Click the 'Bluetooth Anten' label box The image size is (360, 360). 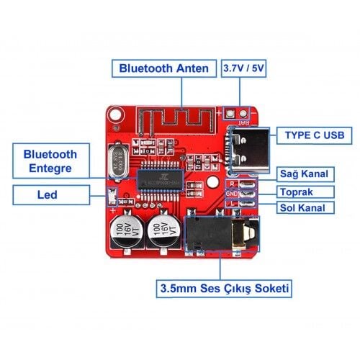(x=165, y=69)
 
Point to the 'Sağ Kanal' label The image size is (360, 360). (x=305, y=174)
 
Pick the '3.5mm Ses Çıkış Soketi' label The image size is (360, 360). (x=224, y=289)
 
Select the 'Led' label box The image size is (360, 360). (x=48, y=194)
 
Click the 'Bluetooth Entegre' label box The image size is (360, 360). (x=50, y=161)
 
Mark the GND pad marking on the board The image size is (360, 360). (x=231, y=193)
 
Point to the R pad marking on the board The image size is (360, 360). (x=232, y=184)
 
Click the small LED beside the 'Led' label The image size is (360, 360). (x=112, y=194)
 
